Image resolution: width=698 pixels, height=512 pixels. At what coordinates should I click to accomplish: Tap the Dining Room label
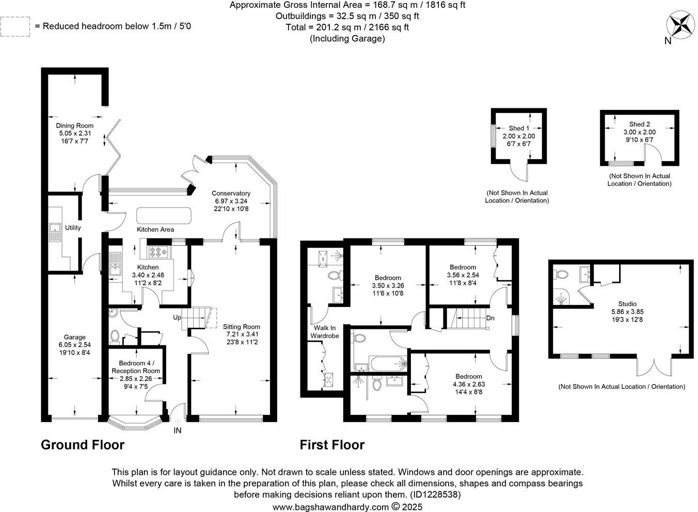(x=75, y=125)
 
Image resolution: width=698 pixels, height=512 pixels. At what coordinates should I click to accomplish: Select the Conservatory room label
(x=231, y=194)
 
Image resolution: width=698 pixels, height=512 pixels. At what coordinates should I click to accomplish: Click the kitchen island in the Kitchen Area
(x=164, y=215)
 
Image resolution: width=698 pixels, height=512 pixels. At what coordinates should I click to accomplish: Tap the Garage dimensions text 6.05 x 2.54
(x=75, y=345)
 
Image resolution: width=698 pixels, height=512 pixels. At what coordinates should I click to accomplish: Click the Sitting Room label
(x=241, y=327)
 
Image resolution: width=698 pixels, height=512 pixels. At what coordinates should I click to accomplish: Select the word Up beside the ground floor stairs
(x=177, y=317)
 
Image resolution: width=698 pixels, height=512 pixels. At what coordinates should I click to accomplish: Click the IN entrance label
(x=177, y=430)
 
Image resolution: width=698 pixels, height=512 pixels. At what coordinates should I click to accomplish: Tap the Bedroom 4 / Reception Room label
(x=136, y=367)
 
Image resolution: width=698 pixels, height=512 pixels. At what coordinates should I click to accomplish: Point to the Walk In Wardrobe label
(x=324, y=332)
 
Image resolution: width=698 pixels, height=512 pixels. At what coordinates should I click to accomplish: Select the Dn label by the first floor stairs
(x=490, y=318)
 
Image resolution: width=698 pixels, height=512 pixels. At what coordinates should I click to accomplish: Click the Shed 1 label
(x=519, y=129)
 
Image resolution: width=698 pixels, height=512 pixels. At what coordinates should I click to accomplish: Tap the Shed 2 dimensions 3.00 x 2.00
(x=639, y=132)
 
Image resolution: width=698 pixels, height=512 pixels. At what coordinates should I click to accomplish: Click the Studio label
(x=627, y=304)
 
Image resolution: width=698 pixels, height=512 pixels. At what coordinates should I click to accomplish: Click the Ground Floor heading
(x=83, y=445)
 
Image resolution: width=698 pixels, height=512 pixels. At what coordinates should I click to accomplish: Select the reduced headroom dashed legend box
(x=15, y=26)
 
